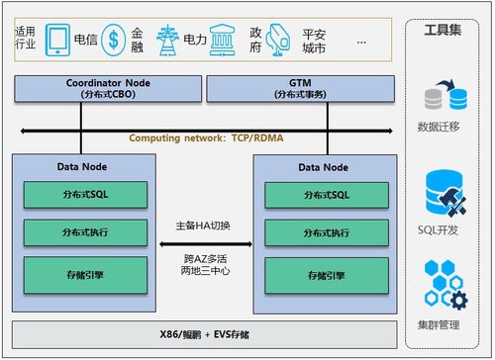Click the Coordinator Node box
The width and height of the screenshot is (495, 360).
coord(80,89)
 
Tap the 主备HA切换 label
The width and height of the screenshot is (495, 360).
coord(204,225)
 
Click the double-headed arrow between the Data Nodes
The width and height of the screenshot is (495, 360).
coord(204,242)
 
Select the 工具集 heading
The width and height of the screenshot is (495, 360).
coord(443,30)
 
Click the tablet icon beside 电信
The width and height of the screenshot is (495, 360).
coord(58,40)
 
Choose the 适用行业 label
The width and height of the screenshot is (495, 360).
coord(26,40)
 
